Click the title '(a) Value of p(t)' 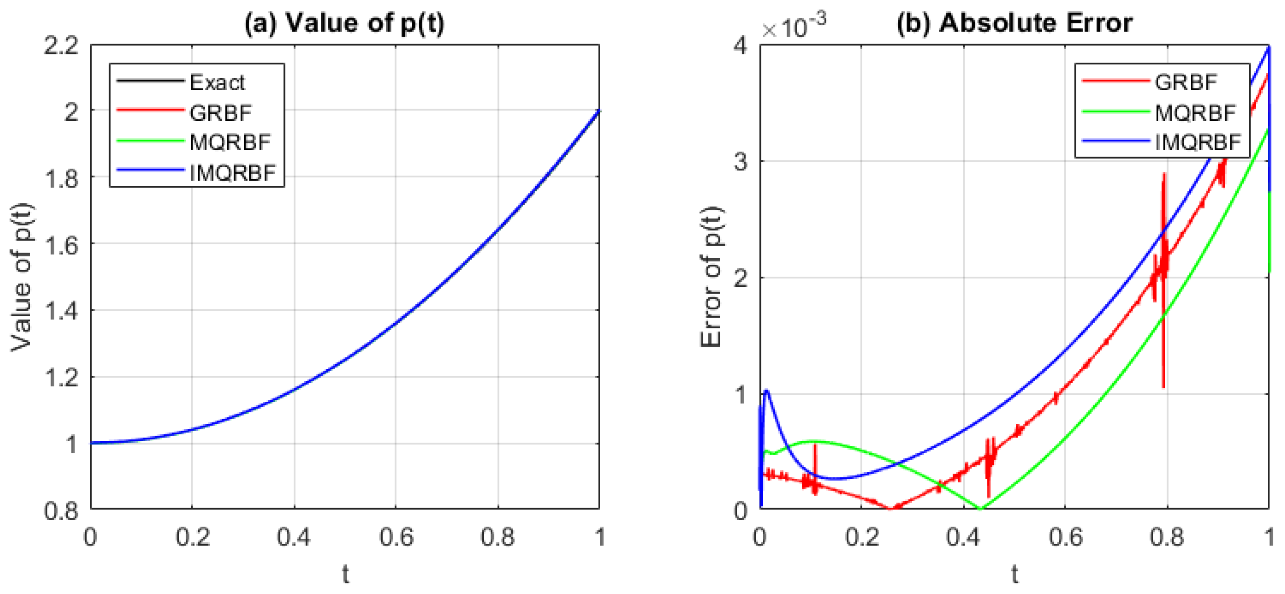(344, 24)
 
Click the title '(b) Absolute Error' (1015, 24)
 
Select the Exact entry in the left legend (217, 82)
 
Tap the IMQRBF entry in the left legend (233, 173)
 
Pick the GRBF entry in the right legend (1186, 82)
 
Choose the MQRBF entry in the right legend (1195, 113)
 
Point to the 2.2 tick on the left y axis (61, 46)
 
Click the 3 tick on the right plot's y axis (741, 162)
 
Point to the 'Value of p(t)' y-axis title (21, 277)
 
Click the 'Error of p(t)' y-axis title (711, 277)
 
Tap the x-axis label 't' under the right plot (1015, 574)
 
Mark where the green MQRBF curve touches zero (980, 509)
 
